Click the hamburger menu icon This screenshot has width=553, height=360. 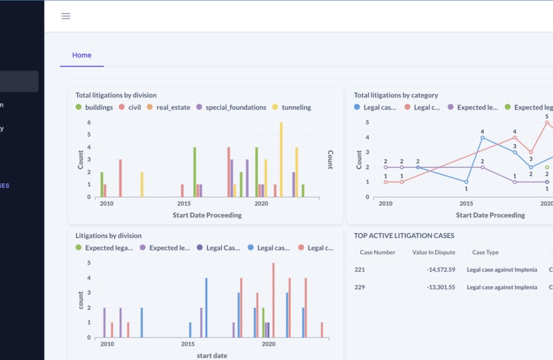click(x=66, y=16)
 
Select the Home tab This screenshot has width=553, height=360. click(x=82, y=56)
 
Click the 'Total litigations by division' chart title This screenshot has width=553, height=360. click(x=116, y=95)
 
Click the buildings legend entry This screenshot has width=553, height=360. click(x=95, y=108)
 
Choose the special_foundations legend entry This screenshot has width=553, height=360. click(x=231, y=108)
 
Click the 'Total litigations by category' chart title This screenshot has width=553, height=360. click(x=396, y=95)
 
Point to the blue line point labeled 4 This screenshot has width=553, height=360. click(x=482, y=138)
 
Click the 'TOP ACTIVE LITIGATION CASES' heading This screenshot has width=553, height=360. click(x=404, y=235)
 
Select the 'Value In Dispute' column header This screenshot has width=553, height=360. click(x=433, y=252)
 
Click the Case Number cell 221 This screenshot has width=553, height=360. click(x=360, y=269)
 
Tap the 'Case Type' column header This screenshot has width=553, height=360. click(x=485, y=252)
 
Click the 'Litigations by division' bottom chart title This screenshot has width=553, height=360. click(x=108, y=235)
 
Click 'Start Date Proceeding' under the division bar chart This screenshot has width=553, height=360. click(x=207, y=215)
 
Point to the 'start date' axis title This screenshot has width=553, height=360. click(x=212, y=355)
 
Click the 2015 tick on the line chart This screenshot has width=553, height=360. click(x=467, y=204)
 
